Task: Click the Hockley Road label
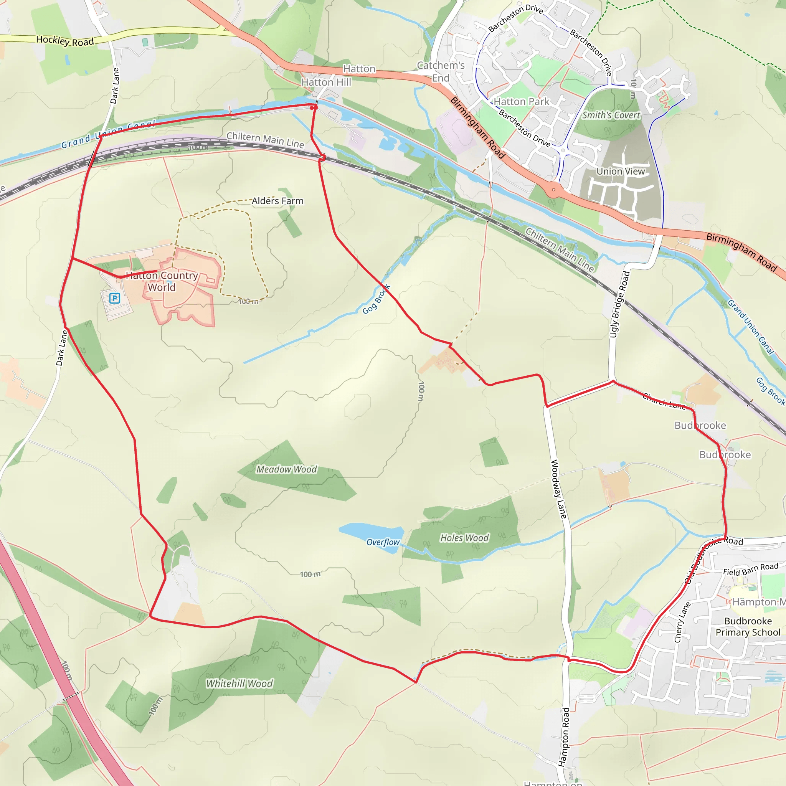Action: coord(65,41)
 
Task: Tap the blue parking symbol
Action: coord(115,299)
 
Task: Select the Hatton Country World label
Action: coord(162,281)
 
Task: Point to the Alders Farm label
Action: coord(277,201)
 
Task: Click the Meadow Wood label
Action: coord(286,469)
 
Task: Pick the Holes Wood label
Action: coord(465,538)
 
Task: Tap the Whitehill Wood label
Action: coord(239,684)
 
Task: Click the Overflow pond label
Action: coord(383,542)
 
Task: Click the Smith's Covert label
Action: coord(611,115)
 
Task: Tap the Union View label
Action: coord(621,171)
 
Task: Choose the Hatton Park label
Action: coord(522,101)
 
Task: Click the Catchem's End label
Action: coord(441,72)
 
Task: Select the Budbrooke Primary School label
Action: coord(748,626)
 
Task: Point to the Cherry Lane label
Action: coord(682,623)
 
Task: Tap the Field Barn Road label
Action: coord(751,569)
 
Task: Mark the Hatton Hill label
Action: coord(326,82)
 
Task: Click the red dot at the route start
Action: coord(312,108)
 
